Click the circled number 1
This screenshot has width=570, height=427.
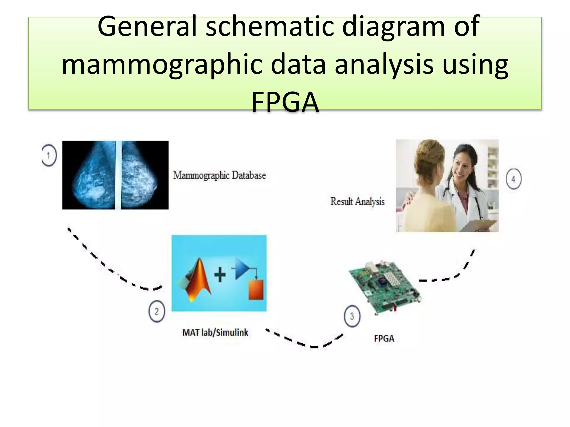50,155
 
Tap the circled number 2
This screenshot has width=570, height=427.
157,311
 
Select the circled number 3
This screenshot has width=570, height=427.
352,316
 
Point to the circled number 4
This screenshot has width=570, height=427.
513,179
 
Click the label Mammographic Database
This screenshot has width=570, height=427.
219,175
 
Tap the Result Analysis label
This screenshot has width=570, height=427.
357,202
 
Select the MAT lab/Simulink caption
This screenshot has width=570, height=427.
215,332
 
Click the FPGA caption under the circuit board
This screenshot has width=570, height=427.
384,339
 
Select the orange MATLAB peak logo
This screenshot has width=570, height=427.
198,281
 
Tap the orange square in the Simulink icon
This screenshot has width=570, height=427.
256,290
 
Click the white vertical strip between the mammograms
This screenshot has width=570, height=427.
118,175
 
